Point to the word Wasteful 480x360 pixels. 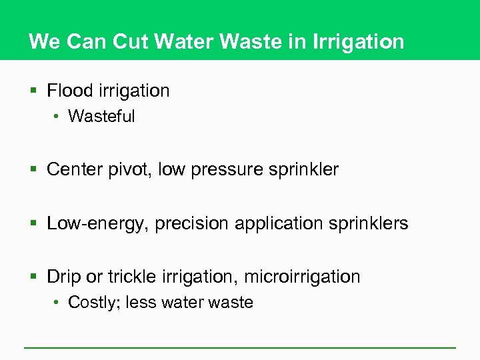[101, 117]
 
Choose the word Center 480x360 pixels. [73, 169]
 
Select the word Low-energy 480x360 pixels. [95, 223]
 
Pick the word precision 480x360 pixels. [191, 223]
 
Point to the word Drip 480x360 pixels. [63, 277]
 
